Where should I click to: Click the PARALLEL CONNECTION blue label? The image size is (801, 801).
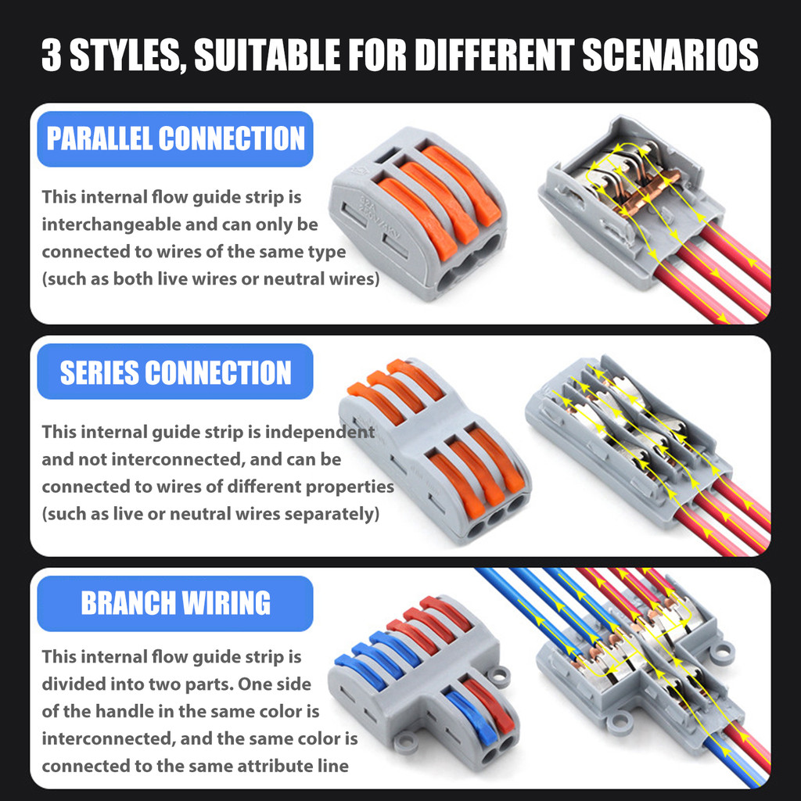point(175,139)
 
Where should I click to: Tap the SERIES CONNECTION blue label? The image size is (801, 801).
point(175,372)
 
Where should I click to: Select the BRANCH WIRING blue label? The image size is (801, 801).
point(175,603)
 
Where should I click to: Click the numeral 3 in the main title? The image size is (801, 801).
point(51,55)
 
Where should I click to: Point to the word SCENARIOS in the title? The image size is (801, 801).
point(670,55)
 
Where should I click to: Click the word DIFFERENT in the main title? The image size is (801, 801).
point(495,55)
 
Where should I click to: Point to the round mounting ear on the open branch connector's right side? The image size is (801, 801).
point(721,652)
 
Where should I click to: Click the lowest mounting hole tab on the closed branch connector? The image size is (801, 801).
point(407,742)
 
